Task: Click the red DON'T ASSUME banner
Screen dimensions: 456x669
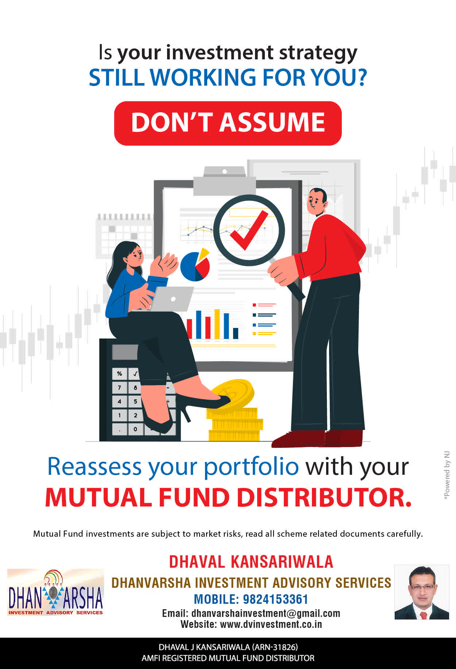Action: (228, 123)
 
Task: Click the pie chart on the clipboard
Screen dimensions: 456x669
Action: (195, 265)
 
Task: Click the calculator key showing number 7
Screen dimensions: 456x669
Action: (119, 387)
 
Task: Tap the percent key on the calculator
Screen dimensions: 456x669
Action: (119, 373)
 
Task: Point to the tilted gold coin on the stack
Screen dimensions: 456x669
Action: (233, 394)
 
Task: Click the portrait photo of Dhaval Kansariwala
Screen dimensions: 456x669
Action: (422, 592)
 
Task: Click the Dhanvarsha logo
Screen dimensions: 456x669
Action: (55, 592)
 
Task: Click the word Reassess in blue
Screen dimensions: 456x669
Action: (94, 466)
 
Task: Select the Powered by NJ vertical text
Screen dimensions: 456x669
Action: (447, 476)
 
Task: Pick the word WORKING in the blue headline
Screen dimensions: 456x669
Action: (203, 77)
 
